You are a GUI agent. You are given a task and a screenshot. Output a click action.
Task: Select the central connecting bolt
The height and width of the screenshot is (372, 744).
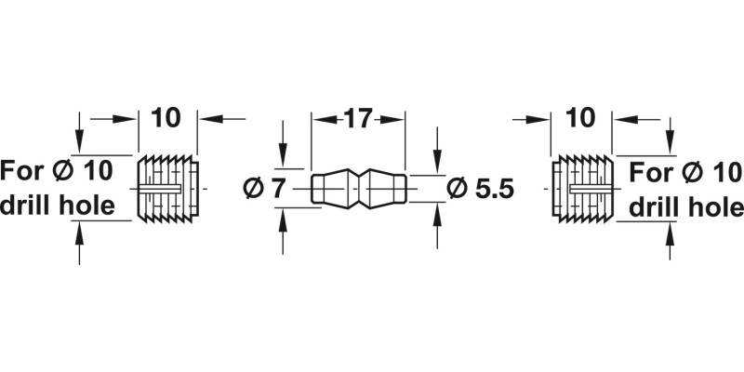coord(359,188)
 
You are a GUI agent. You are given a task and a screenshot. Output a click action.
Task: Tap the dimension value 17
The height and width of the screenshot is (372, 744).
coord(358,118)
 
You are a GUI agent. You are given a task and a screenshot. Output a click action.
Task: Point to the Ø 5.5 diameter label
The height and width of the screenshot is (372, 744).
coord(481,188)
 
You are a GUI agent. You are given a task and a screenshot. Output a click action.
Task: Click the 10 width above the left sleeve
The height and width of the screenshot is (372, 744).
coord(166,118)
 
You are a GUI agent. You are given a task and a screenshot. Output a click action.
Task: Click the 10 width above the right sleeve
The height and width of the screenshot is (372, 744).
coord(580,118)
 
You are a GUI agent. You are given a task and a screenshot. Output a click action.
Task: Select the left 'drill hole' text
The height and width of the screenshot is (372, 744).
coord(58,206)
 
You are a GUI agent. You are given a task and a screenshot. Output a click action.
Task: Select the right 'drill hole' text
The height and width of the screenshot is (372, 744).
coord(685,206)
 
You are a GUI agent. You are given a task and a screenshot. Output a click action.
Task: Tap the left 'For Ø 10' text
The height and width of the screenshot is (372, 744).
coord(57,171)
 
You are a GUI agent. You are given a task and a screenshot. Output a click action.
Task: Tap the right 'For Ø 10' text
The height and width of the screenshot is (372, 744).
coord(686,171)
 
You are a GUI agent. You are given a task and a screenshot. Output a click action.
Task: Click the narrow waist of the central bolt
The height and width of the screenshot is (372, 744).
coord(359,188)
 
